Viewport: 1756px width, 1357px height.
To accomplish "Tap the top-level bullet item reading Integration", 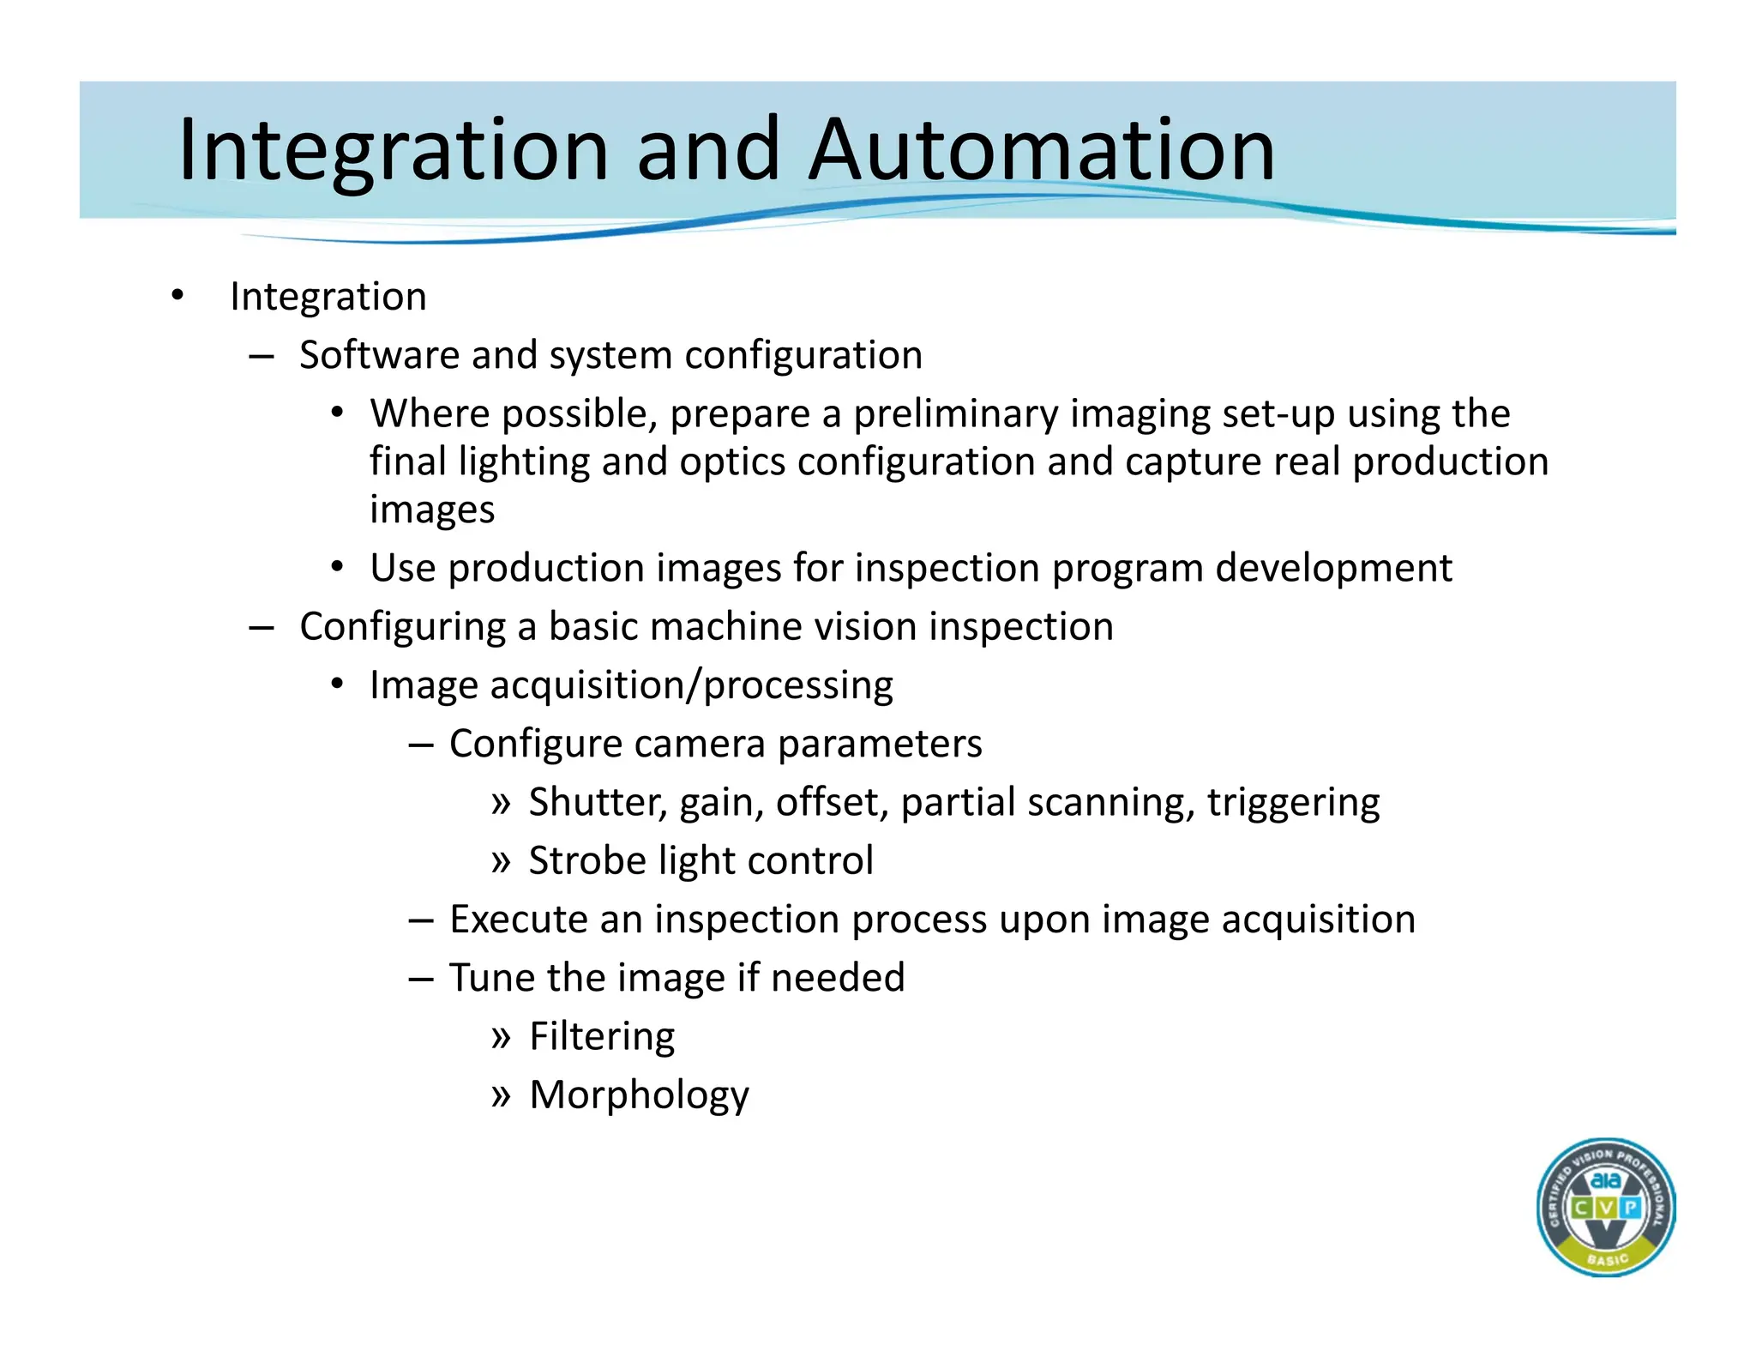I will [328, 297].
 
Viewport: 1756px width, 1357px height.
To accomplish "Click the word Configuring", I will [402, 627].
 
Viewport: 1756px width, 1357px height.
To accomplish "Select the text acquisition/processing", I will [691, 685].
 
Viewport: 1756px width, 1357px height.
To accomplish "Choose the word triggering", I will [1293, 803].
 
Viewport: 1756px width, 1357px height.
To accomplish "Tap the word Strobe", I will [587, 861].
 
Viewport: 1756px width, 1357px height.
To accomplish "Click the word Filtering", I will [602, 1036].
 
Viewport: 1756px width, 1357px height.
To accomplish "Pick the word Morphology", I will [639, 1095].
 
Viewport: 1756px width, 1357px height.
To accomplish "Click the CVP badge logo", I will [1605, 1207].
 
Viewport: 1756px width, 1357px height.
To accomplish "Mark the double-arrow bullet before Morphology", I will [501, 1095].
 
